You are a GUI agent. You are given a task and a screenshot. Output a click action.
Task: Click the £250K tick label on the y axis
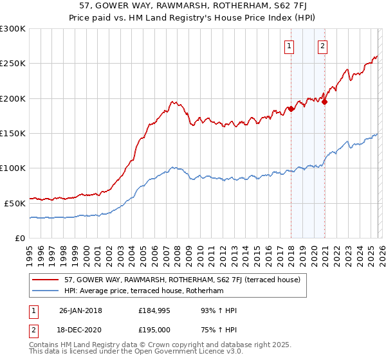(x=13, y=64)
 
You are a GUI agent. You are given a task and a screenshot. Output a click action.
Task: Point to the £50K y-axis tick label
(x=15, y=203)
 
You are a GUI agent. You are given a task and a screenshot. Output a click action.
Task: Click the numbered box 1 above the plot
(x=289, y=46)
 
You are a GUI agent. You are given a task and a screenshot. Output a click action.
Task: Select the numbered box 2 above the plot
(x=322, y=46)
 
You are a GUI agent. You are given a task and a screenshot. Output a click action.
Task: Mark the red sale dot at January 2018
(x=291, y=109)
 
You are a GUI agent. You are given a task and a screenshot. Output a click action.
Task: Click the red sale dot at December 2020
(x=325, y=102)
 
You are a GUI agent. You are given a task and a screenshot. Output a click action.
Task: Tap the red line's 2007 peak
(x=172, y=102)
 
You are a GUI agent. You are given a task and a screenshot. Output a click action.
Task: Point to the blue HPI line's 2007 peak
(x=172, y=167)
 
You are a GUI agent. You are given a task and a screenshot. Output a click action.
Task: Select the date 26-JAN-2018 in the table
(x=80, y=310)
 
